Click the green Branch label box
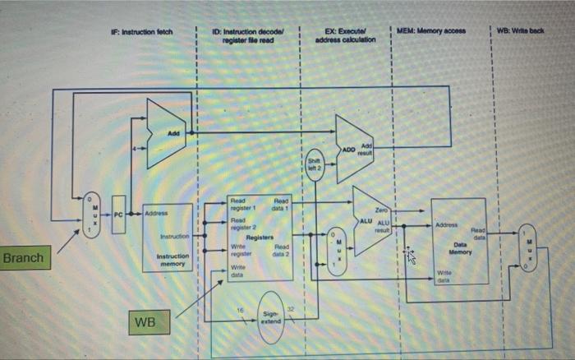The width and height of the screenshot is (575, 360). click(24, 258)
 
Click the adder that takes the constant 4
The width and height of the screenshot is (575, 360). click(167, 133)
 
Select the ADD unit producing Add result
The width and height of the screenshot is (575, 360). click(355, 149)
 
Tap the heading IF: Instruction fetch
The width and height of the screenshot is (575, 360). click(141, 31)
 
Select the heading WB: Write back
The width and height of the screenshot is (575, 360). click(528, 30)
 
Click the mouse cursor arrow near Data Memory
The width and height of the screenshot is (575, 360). click(412, 257)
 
